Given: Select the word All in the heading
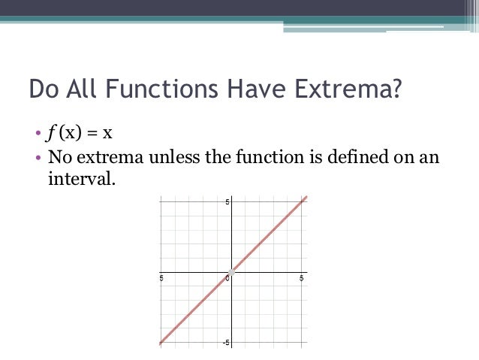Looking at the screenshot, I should [x=82, y=89].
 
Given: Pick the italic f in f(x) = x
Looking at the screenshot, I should [x=51, y=135].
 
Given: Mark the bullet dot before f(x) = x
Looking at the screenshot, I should [x=37, y=136].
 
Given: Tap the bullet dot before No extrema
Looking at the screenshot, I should [x=37, y=158].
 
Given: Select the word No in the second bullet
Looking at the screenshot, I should [x=59, y=157].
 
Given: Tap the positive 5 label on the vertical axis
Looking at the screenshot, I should [x=227, y=203].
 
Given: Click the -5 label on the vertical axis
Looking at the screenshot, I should [x=226, y=342].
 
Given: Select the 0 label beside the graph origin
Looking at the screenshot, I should [x=227, y=278].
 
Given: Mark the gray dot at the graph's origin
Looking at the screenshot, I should [x=232, y=271].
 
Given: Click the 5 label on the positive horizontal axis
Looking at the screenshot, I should [x=301, y=278].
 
